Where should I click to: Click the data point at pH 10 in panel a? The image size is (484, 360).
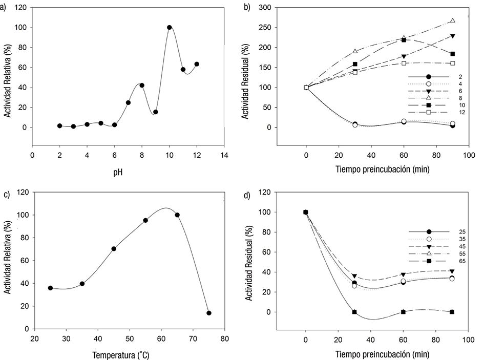(169, 28)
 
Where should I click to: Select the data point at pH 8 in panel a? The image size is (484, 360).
(142, 86)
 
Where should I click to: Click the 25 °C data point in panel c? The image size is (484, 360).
(50, 288)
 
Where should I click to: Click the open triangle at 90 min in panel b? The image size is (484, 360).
(452, 21)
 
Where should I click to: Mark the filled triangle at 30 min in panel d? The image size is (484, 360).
(354, 277)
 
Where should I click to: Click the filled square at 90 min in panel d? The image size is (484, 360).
(452, 312)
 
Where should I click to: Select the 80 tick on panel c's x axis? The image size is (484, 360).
(224, 338)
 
